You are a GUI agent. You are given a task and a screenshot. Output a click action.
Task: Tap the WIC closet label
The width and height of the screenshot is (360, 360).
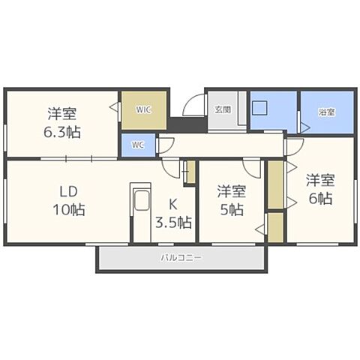point(144,109)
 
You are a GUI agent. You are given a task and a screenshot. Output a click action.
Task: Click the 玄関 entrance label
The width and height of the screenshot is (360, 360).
point(223,109)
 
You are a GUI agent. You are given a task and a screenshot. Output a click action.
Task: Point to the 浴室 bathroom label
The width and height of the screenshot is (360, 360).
point(325,112)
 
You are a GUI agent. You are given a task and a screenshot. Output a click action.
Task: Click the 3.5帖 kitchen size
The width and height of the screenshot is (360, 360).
point(173,223)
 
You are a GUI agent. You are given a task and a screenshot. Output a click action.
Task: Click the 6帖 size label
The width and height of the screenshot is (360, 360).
point(319,199)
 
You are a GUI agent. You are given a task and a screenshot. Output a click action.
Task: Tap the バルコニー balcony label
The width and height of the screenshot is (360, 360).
point(181,258)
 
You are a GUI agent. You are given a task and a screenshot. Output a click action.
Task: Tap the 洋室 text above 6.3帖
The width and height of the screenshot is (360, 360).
point(63,114)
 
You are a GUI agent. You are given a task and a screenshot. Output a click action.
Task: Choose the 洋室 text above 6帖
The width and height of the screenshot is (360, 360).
point(319,180)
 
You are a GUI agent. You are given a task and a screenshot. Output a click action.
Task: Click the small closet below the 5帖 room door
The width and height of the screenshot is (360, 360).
point(275,227)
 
